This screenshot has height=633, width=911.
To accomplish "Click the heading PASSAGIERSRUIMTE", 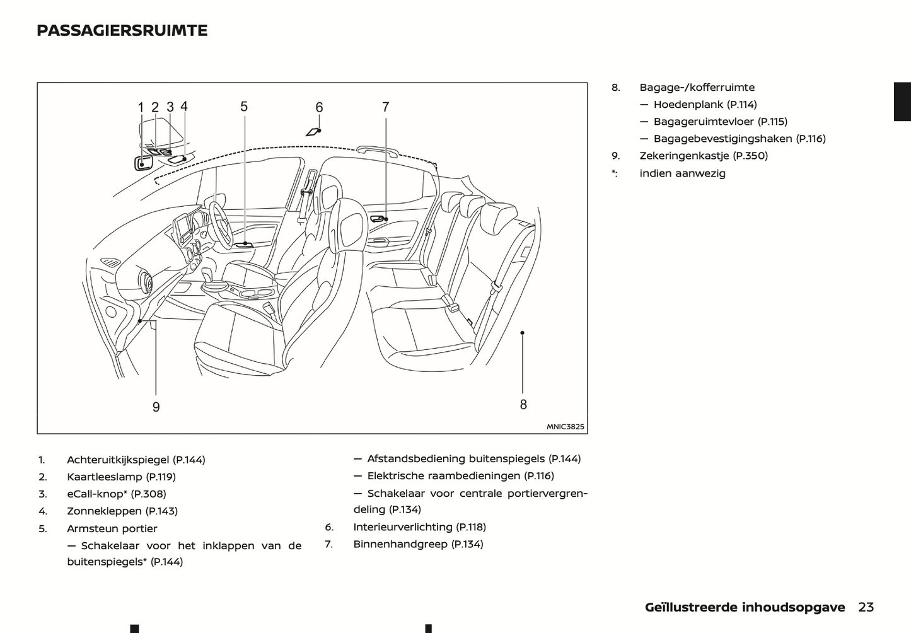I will [x=122, y=30].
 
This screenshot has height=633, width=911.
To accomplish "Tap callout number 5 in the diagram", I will [x=244, y=107].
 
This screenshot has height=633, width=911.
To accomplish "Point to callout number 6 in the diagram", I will [x=319, y=108].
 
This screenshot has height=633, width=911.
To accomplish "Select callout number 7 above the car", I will [x=386, y=107].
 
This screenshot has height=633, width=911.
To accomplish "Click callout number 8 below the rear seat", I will [x=523, y=405].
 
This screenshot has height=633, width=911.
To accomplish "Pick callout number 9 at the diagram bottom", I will [x=156, y=407].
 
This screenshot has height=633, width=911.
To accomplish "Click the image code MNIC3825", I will [x=565, y=427].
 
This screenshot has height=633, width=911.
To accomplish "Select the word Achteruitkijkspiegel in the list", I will [x=119, y=460].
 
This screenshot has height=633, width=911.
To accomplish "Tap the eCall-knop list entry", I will [x=116, y=494].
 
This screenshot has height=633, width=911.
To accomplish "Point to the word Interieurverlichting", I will [x=402, y=527].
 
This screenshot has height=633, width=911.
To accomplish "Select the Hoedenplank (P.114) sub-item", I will [x=705, y=105].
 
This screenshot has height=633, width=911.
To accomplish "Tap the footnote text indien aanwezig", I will [x=682, y=173].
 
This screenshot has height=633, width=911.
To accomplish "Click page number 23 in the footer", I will [x=866, y=607].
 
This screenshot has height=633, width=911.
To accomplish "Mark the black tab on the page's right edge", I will [x=902, y=102].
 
